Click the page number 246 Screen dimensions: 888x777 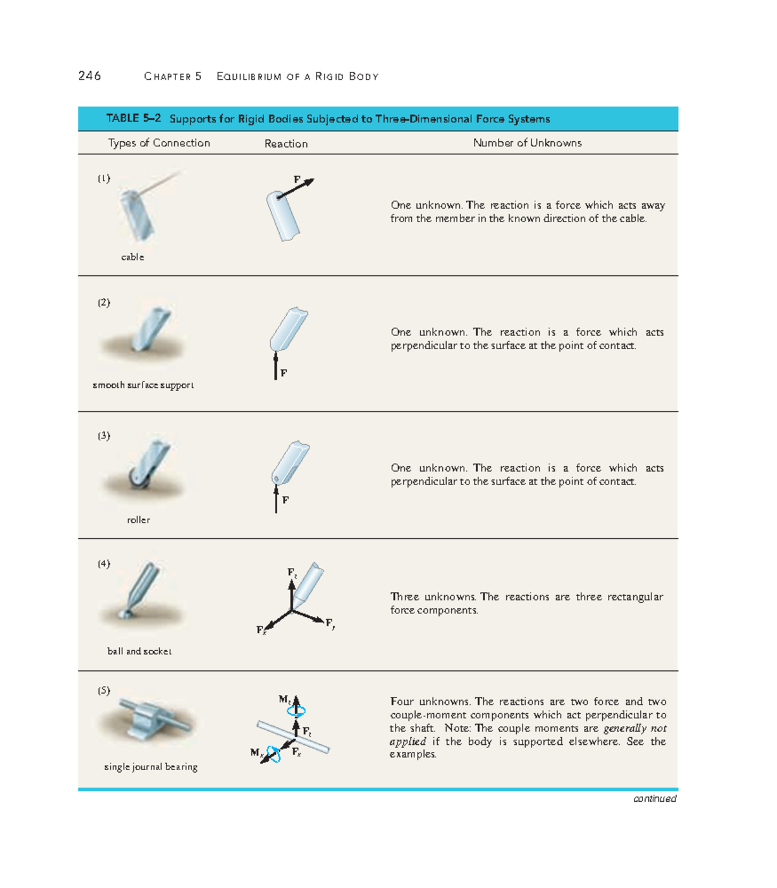click(89, 76)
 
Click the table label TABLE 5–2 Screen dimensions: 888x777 click(133, 119)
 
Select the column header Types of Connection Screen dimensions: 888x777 click(159, 143)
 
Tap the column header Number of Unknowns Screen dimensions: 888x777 click(527, 143)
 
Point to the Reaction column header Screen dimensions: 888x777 click(286, 144)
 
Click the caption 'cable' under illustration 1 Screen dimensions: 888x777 click(132, 257)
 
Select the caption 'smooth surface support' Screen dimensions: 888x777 click(143, 385)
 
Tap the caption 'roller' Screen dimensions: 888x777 click(139, 520)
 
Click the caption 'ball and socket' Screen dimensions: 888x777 click(139, 652)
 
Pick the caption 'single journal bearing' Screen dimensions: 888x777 click(151, 767)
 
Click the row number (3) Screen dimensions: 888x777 click(104, 436)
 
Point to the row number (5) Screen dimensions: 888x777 click(104, 690)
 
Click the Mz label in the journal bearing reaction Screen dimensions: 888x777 click(284, 700)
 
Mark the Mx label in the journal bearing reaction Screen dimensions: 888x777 click(256, 753)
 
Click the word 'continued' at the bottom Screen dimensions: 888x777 click(655, 799)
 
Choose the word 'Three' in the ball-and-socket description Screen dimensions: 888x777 click(405, 597)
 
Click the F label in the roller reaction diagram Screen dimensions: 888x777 click(286, 500)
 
